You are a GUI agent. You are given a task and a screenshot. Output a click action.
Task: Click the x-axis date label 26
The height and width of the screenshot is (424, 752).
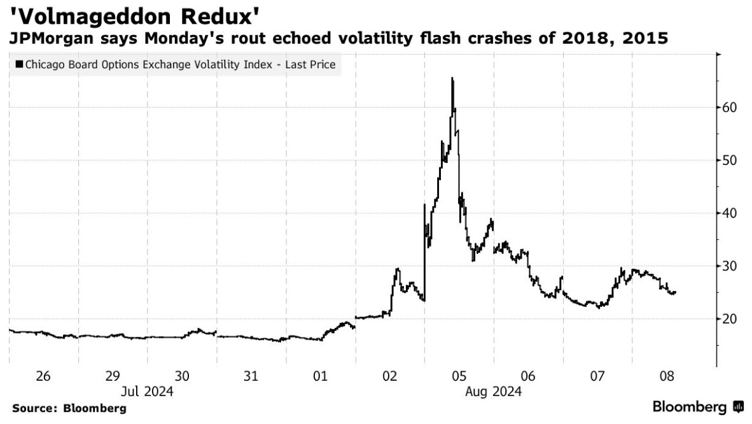tap(43, 376)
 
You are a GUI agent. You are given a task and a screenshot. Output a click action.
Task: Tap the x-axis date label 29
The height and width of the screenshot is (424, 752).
tap(113, 376)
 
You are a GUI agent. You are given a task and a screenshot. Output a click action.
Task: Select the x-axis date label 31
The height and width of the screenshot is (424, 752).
tap(251, 376)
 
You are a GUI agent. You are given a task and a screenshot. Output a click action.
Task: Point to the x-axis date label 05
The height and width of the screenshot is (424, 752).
tap(459, 376)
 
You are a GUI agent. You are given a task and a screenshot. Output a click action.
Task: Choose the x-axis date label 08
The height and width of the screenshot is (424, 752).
tap(666, 376)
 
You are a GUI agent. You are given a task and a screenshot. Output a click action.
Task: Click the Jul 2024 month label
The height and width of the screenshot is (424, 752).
tap(147, 391)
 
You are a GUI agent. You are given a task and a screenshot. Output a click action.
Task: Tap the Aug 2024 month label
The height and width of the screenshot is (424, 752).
tap(493, 391)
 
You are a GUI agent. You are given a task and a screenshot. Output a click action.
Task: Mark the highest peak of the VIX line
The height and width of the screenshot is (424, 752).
tap(452, 78)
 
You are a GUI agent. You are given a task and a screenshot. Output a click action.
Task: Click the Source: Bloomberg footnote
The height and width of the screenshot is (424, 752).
tap(69, 408)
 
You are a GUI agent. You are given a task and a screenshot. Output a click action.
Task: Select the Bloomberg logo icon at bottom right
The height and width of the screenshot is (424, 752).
tap(738, 406)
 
